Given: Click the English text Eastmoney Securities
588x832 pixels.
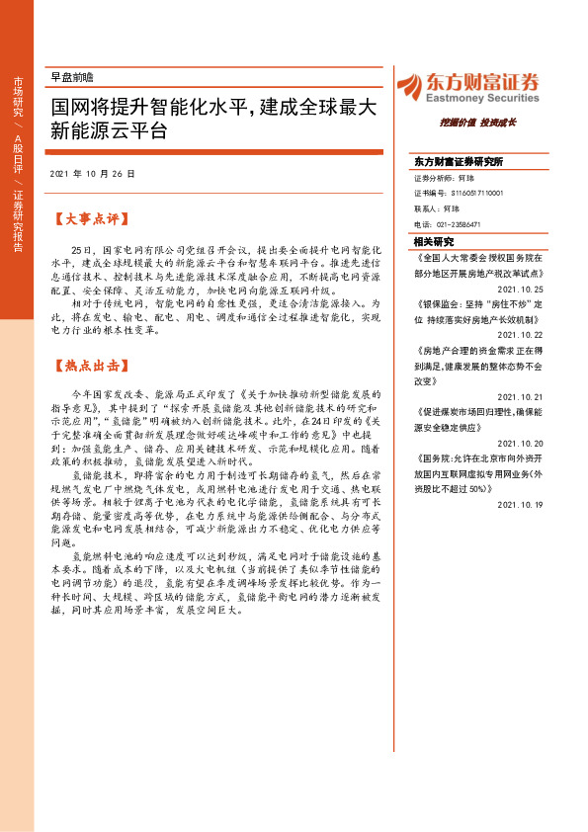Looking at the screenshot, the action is pos(484,99).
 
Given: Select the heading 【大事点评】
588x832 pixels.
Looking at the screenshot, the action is pos(90,216).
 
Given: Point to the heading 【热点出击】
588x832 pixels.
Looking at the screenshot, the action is pos(90,365).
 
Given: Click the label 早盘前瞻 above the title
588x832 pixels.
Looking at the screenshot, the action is pos(71,76).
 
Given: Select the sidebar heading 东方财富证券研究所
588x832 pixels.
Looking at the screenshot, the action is pos(460,161).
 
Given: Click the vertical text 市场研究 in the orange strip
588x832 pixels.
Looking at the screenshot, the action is pos(18,98).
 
